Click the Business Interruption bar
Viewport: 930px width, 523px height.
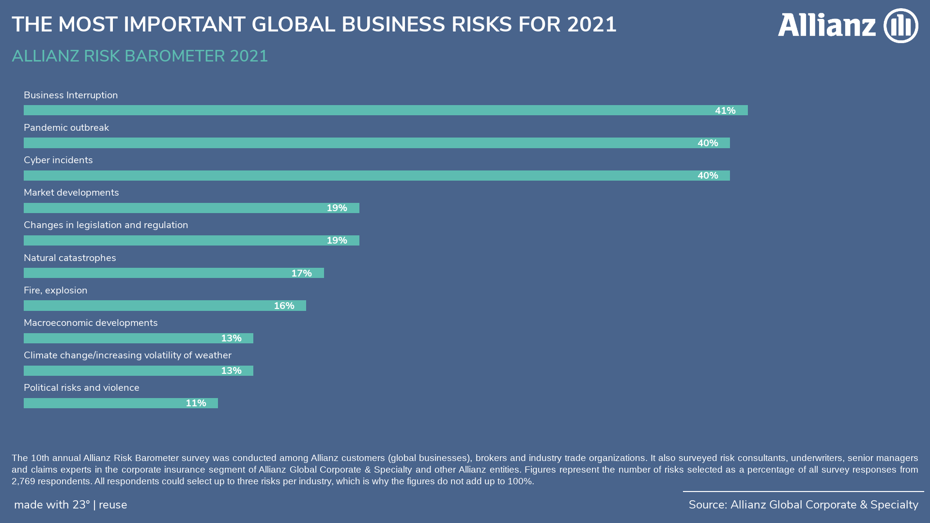point(368,110)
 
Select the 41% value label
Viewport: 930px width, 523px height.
point(725,111)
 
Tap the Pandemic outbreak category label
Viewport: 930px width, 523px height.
point(66,128)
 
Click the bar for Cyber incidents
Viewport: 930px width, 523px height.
point(358,176)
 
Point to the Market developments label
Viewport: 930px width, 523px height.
point(71,193)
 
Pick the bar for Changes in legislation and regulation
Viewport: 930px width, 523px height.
point(174,241)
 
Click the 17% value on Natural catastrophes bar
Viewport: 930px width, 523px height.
point(301,274)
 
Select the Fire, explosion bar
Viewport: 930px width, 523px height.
point(145,306)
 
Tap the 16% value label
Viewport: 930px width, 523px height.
point(284,306)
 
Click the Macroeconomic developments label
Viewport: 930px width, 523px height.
point(91,323)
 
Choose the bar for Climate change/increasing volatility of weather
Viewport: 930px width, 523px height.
point(121,371)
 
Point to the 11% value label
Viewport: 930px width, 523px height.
point(196,403)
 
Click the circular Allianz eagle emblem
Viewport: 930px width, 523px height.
point(900,26)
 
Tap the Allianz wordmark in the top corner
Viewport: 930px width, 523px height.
point(826,25)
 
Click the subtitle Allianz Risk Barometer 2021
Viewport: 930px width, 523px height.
point(139,56)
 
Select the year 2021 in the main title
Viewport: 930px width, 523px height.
point(591,25)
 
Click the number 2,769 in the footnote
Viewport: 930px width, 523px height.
point(23,481)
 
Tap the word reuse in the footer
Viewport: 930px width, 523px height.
point(113,505)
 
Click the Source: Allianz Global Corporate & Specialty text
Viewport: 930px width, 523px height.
point(803,505)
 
